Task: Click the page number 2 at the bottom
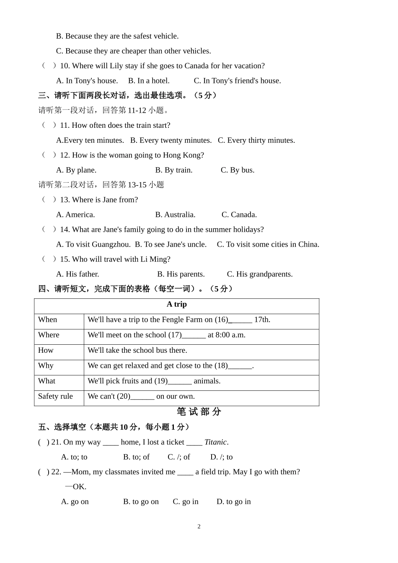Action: point(199,527)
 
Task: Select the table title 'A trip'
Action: point(176,305)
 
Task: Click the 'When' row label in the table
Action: point(47,320)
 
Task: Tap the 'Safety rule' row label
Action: point(55,396)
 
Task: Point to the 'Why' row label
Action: point(46,366)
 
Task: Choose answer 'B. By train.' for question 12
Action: point(173,170)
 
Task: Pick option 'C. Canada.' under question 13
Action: point(239,214)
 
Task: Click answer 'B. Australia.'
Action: point(175,214)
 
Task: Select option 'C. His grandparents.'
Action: point(259,274)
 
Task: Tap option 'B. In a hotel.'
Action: point(149,81)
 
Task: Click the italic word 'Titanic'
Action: point(215,442)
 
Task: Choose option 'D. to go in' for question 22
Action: point(233,502)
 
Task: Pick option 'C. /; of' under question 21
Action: point(178,457)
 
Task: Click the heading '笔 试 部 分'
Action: point(199,412)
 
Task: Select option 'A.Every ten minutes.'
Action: point(90,140)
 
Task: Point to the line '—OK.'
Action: point(75,487)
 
